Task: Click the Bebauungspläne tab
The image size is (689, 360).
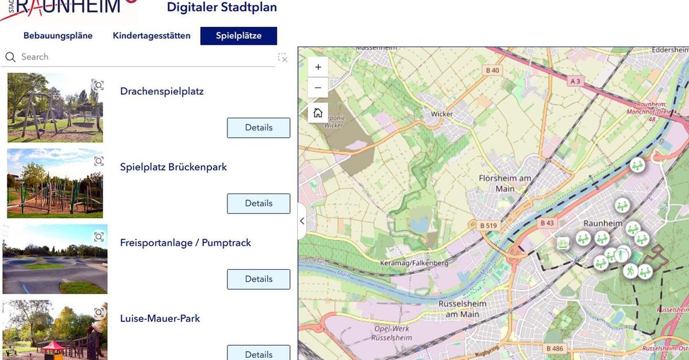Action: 58,36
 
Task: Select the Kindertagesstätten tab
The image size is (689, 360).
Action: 152,36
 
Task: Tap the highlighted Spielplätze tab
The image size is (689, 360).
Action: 238,36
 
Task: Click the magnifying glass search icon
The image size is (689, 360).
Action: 10,57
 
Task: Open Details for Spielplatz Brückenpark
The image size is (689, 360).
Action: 258,203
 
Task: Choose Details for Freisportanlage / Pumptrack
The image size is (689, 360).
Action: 258,279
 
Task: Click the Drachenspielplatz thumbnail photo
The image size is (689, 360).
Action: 55,107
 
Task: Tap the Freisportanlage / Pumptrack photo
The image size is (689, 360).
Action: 55,259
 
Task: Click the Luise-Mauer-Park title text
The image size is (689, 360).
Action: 160,318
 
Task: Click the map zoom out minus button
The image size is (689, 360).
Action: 318,88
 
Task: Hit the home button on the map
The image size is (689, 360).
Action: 318,113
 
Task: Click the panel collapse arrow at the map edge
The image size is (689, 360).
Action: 302,221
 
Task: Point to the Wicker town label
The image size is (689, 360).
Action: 442,114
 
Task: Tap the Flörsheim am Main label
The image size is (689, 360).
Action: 505,183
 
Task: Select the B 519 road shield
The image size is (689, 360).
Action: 488,226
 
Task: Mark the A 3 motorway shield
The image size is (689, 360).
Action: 575,82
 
